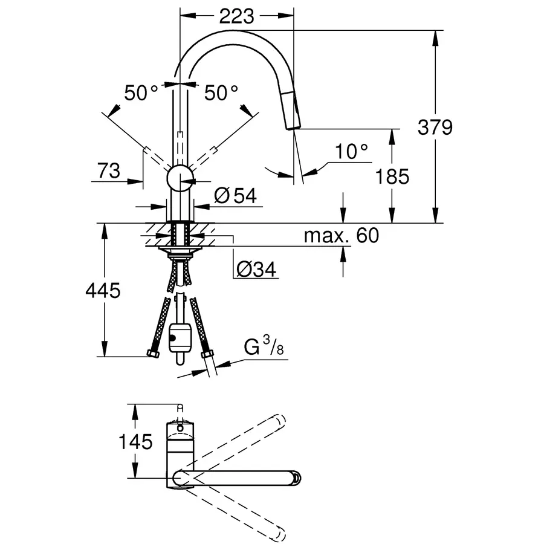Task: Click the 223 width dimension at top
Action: (236, 16)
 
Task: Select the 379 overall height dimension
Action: (435, 128)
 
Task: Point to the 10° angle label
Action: (352, 152)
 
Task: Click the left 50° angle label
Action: (141, 92)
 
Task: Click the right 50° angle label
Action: (221, 92)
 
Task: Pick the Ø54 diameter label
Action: (235, 195)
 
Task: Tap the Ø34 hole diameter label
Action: (256, 269)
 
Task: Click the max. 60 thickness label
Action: (341, 235)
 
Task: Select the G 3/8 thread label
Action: (264, 348)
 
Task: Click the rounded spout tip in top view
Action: (295, 478)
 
